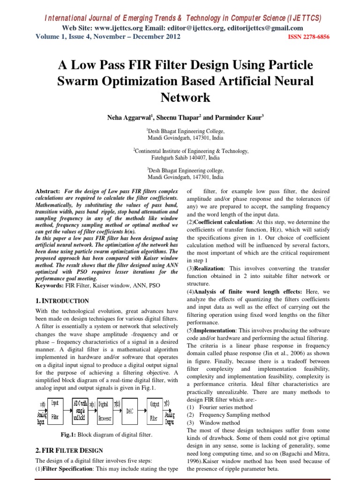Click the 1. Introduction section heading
pos(62,301)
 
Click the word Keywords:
pos(50,285)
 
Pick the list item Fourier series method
pos(225,407)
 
